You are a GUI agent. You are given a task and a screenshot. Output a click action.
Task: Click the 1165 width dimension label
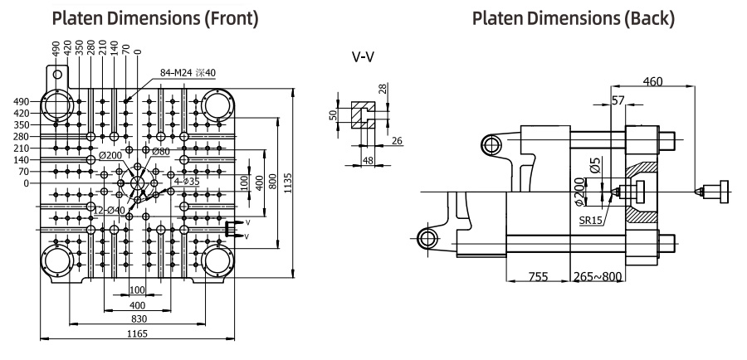(x=138, y=333)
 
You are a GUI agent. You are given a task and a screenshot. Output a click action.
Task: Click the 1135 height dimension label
(x=288, y=182)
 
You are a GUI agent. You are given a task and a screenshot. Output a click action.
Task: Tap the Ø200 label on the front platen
(x=110, y=155)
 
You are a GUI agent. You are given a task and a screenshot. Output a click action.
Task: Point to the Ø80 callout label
(x=161, y=152)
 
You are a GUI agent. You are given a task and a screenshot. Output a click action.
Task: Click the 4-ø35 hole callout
(x=187, y=181)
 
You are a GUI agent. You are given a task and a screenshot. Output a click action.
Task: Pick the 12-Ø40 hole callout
(x=109, y=211)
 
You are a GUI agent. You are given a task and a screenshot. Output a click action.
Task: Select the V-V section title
(x=363, y=57)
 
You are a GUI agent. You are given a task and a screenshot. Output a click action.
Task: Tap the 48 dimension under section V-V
(x=368, y=161)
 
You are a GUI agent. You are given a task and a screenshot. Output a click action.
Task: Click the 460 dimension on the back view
(x=652, y=81)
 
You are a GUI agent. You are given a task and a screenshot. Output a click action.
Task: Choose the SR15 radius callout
(x=590, y=221)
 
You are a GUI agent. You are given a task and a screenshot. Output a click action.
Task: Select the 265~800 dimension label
(x=598, y=276)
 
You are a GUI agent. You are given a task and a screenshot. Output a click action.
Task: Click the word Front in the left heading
(x=233, y=18)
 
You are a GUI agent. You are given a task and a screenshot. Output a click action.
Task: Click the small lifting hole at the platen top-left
(x=57, y=75)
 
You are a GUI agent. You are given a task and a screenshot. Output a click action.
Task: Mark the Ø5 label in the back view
(x=594, y=163)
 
